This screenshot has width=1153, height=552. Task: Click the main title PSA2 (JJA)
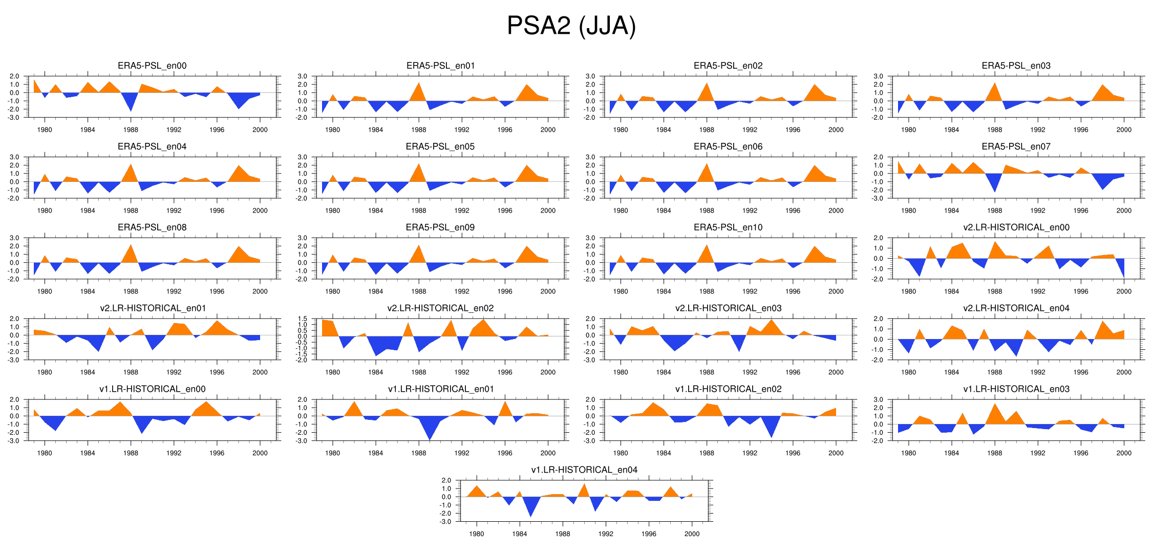tap(571, 26)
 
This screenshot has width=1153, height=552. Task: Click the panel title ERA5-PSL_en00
tap(152, 66)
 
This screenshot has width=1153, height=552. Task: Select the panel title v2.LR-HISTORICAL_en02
tap(440, 308)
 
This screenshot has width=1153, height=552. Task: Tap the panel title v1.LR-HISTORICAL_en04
tap(584, 470)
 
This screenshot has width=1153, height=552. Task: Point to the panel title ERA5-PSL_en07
tap(1016, 146)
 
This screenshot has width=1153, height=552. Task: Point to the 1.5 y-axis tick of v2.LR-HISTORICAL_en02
tap(302, 319)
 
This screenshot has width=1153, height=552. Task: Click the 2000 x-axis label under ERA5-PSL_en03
tap(1124, 130)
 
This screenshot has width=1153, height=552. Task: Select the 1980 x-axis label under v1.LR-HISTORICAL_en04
tap(477, 534)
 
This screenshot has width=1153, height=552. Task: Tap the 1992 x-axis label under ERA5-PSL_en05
tap(462, 210)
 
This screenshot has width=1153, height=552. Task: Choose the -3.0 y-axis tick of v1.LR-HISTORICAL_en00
tap(14, 441)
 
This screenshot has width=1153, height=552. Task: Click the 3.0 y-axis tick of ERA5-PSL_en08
tap(14, 238)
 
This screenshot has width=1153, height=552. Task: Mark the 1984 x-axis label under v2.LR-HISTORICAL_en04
tap(951, 372)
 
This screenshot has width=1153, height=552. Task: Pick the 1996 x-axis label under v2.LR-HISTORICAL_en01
tap(217, 372)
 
